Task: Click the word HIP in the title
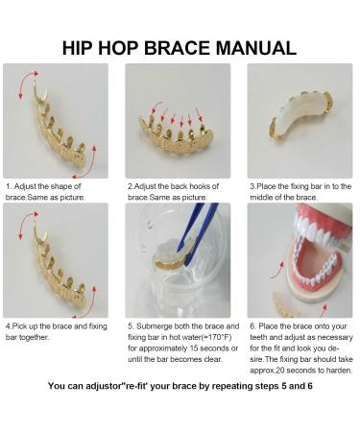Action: [x=82, y=47]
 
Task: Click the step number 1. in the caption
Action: [x=8, y=185]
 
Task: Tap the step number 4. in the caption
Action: [x=8, y=326]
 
